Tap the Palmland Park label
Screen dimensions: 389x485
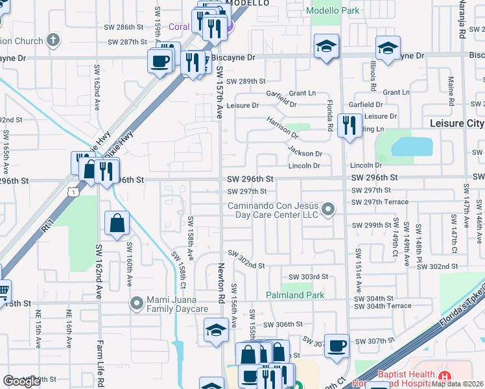295,295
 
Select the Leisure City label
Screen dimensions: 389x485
456,123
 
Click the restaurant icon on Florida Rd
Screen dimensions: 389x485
349,124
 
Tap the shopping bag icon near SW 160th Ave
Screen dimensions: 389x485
117,223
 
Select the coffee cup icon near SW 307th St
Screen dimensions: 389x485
337,345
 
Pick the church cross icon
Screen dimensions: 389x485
53,40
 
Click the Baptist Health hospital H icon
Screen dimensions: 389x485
444,377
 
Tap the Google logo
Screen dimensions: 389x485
22,381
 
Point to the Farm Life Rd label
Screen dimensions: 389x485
101,362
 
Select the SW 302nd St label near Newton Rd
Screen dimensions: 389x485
246,265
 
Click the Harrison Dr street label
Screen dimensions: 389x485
282,129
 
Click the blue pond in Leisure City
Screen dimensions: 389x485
412,147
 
